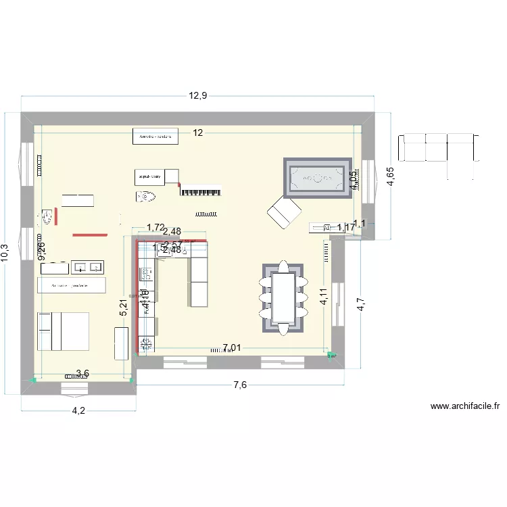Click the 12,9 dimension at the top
point(197,96)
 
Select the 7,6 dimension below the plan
point(240,385)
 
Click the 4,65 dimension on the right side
point(390,176)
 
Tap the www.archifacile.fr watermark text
point(464,406)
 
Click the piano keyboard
point(201,191)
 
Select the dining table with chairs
point(283,297)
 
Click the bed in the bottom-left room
point(64,331)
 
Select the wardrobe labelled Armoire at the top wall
point(155,137)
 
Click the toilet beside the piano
point(145,197)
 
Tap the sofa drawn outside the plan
point(441,147)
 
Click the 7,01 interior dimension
point(231,349)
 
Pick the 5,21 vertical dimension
point(123,309)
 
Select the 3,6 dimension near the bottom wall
point(82,373)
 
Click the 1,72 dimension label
point(155,228)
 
